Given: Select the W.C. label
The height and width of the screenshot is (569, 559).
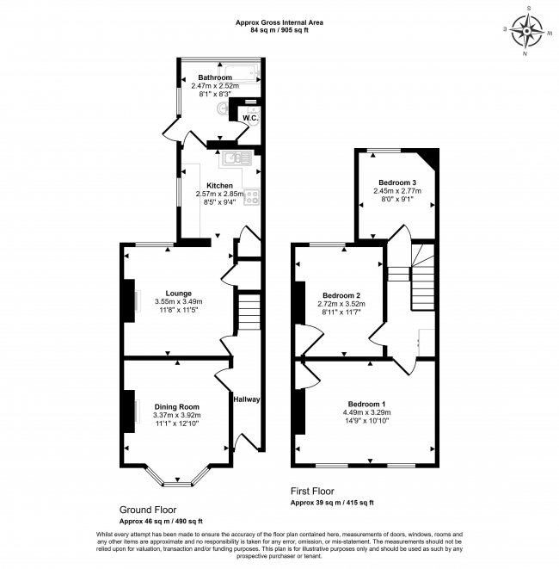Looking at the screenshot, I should pyautogui.click(x=250, y=117).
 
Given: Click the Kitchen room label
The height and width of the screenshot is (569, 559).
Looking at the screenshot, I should pyautogui.click(x=219, y=186).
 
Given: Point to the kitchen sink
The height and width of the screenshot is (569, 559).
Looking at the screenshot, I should pyautogui.click(x=232, y=158).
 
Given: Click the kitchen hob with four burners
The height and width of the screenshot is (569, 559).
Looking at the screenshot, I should pyautogui.click(x=254, y=199).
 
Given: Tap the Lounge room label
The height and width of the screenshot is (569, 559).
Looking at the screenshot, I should pyautogui.click(x=179, y=293).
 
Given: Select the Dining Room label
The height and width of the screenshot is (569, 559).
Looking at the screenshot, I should pyautogui.click(x=177, y=406).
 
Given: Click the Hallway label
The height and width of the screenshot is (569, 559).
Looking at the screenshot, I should pyautogui.click(x=246, y=399).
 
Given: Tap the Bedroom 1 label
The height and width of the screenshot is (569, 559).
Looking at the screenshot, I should pyautogui.click(x=366, y=404).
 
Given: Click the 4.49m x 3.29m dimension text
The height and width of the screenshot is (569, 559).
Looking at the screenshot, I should pyautogui.click(x=366, y=413).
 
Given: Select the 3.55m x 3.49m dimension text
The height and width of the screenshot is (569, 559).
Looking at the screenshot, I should pyautogui.click(x=179, y=301).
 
